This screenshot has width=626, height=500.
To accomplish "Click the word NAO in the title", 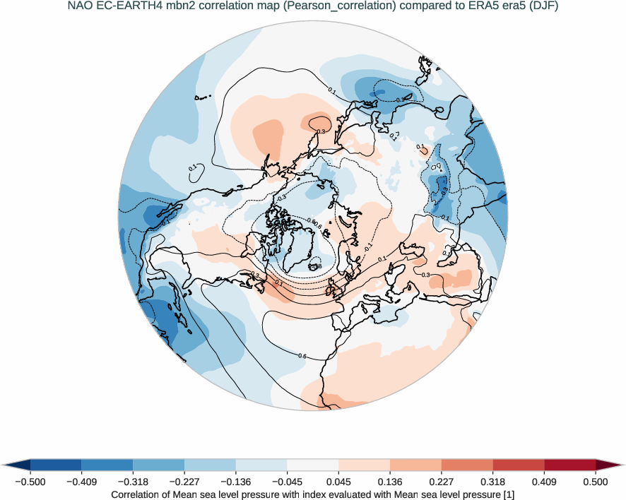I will tap(79, 8).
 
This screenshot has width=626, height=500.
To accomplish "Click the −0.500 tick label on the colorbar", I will tap(30, 482).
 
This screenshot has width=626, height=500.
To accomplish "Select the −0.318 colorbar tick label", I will tap(133, 482).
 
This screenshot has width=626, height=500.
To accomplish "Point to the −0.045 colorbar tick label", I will tap(287, 482).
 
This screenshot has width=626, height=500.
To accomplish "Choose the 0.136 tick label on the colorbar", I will tap(390, 482).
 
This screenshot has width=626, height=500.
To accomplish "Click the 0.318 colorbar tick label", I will tap(492, 482).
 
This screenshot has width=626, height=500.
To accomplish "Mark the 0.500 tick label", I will tap(596, 482).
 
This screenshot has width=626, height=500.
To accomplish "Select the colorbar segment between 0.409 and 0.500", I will tap(569, 465).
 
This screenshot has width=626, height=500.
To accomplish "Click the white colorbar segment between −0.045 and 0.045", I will tap(313, 465).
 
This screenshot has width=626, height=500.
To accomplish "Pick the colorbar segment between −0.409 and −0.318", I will tap(107, 465).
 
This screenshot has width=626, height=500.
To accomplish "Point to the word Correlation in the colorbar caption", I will tap(138, 495).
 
